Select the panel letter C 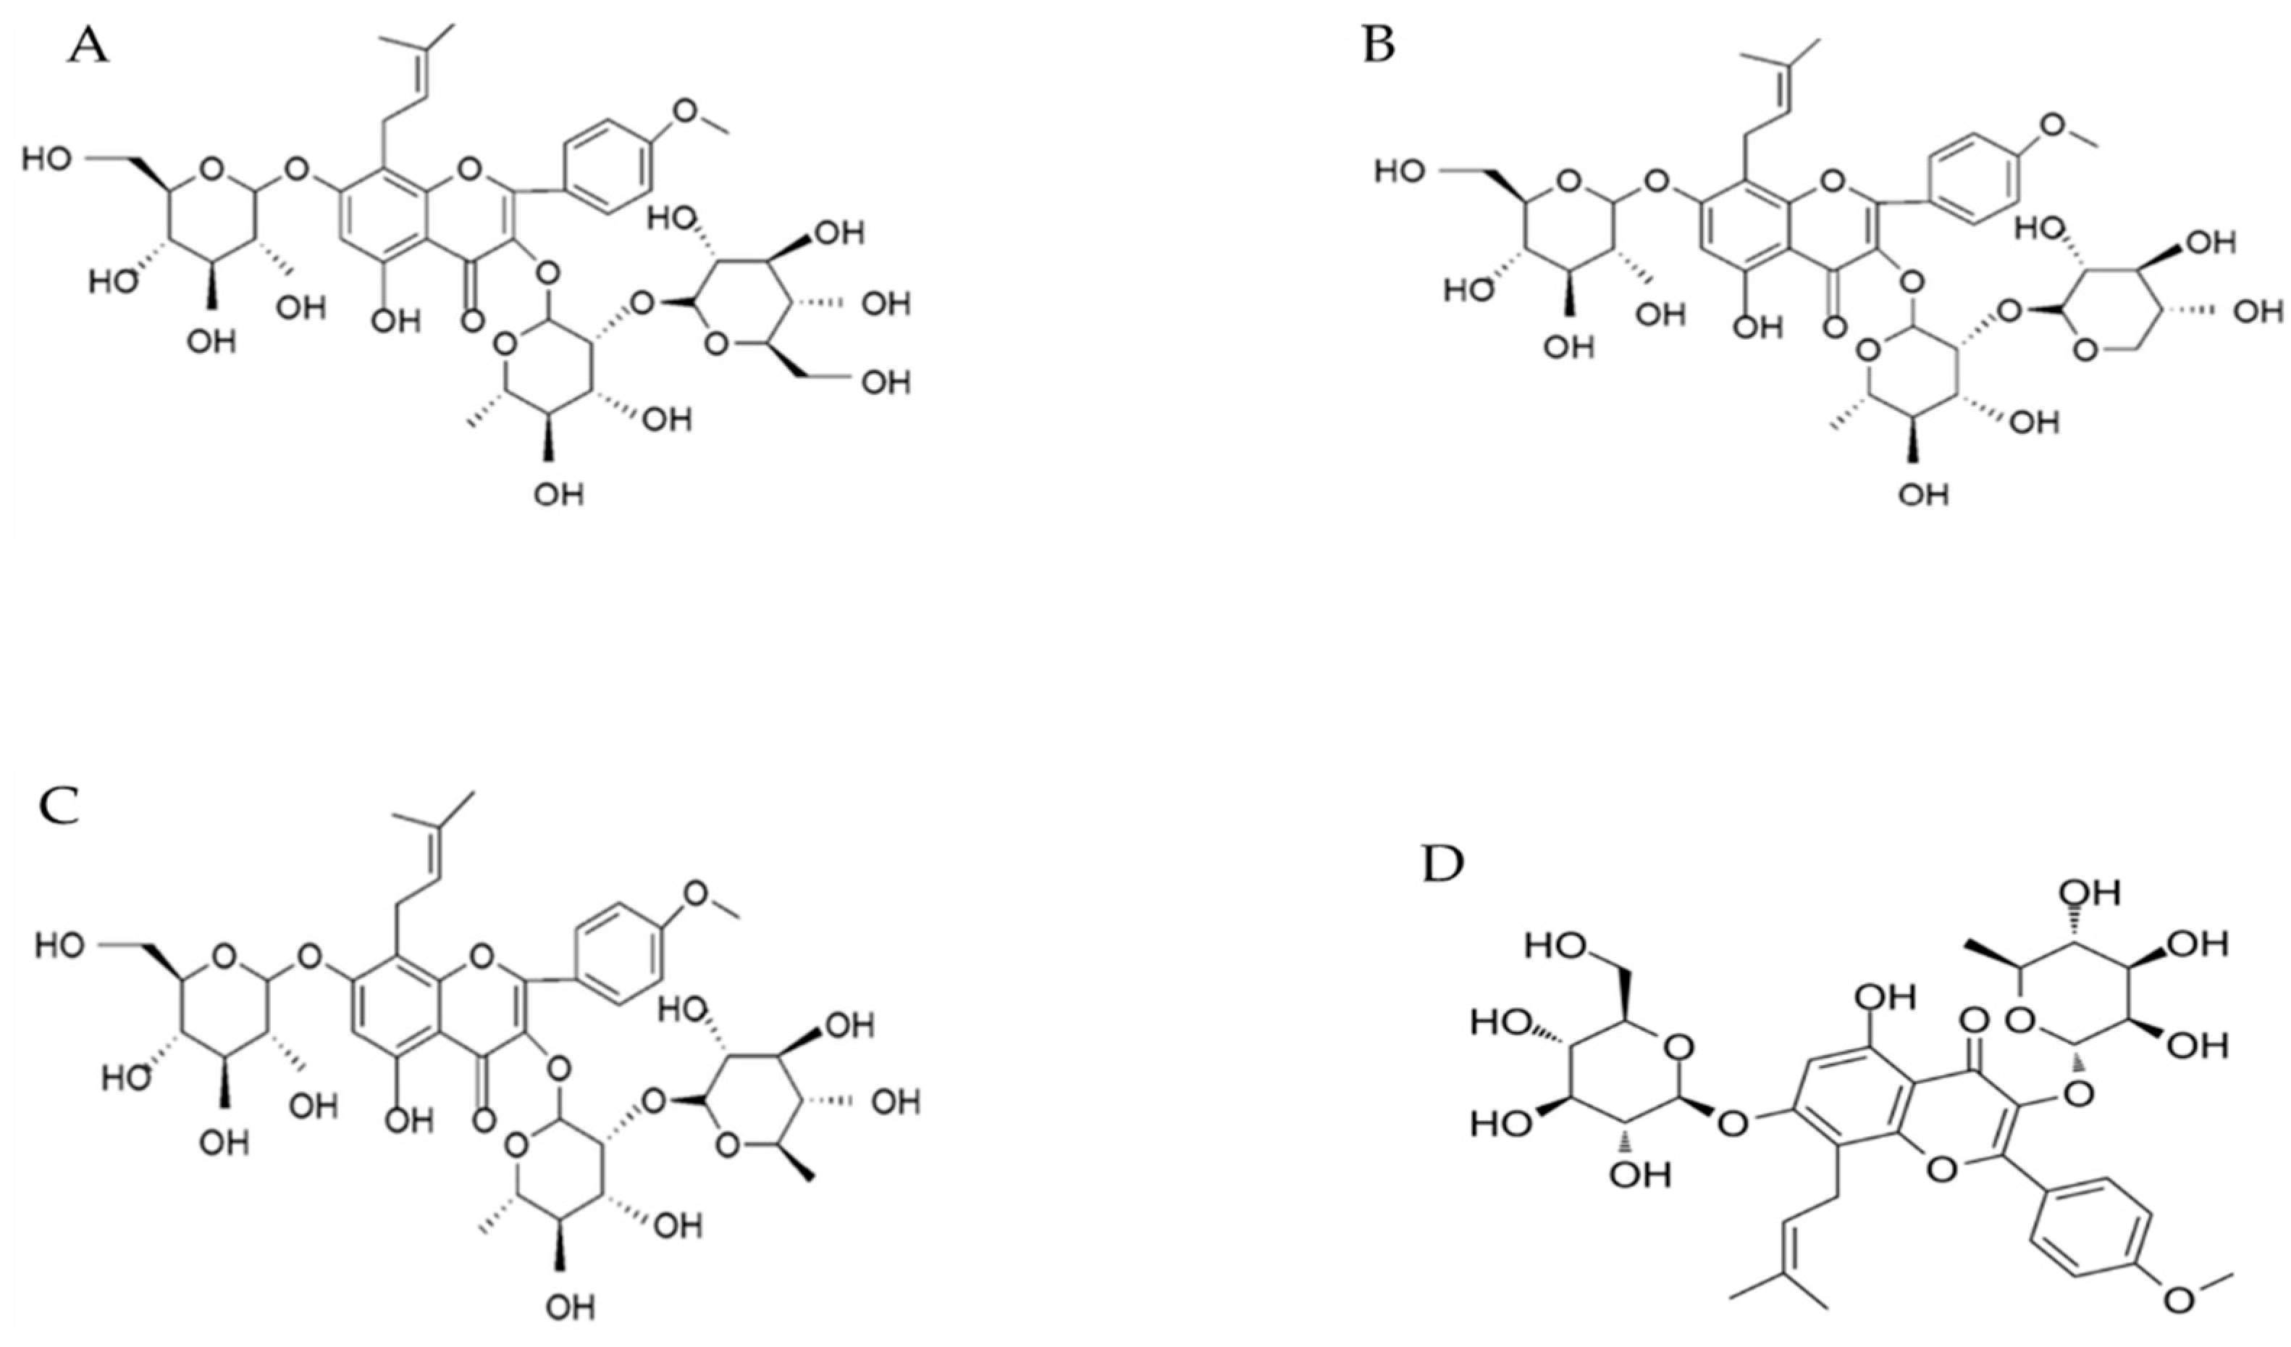coord(59,806)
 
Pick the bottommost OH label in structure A coord(559,494)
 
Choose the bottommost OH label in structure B coord(1924,494)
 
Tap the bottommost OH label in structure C coord(571,1308)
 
